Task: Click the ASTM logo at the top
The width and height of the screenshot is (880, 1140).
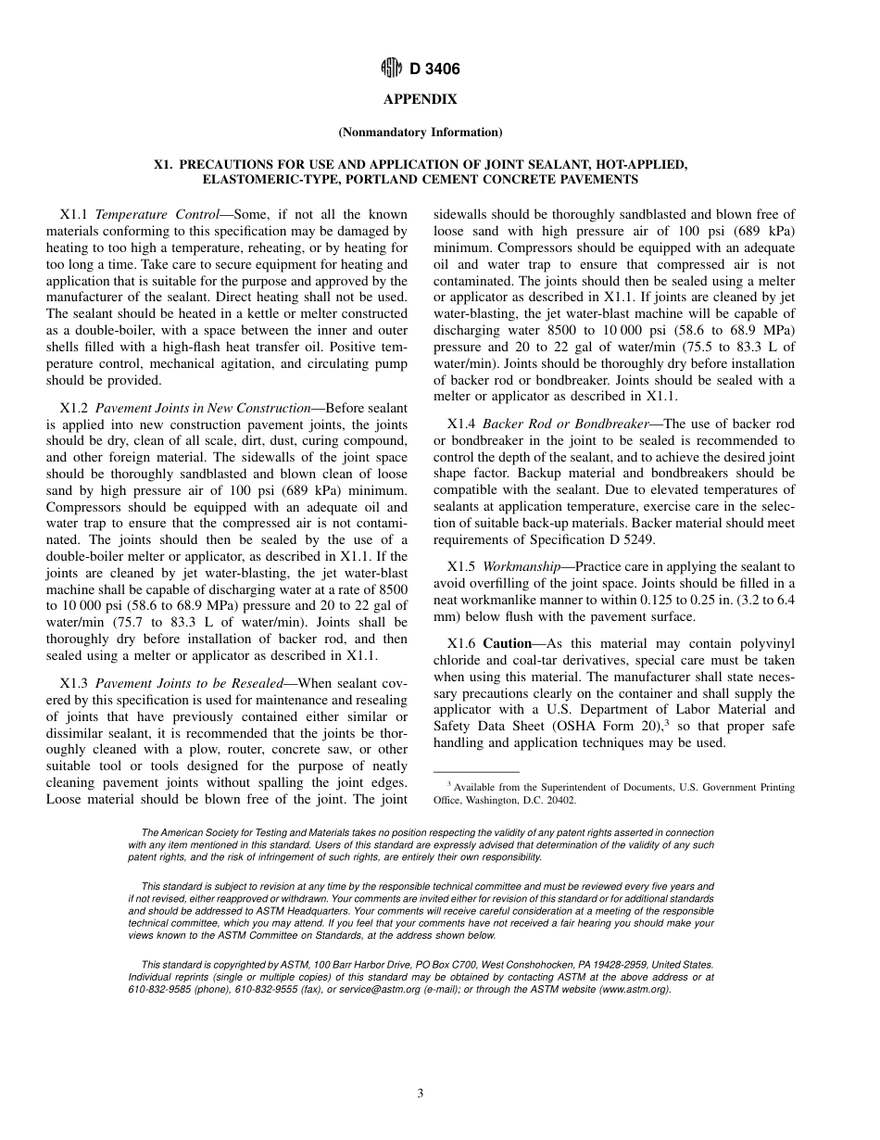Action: point(392,69)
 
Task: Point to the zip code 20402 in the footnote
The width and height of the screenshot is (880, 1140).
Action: point(559,800)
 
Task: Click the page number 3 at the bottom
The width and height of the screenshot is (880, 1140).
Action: point(421,1094)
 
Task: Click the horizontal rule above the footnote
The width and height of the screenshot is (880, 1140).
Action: point(476,772)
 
